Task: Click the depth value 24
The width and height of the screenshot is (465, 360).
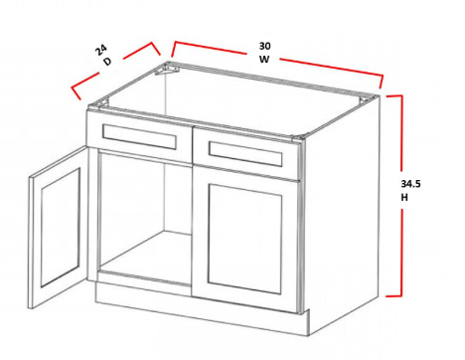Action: pos(101,51)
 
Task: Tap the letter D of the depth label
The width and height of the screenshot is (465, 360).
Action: pos(107,62)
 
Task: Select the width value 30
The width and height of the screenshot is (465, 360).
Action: pos(264,46)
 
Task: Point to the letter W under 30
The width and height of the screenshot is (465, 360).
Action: pos(264,60)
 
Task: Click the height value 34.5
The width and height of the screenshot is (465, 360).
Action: pos(410,184)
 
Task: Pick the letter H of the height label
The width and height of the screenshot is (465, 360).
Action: pos(404,198)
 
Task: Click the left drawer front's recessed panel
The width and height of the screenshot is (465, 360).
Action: pos(139,136)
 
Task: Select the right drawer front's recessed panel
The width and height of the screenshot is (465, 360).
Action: pos(245,154)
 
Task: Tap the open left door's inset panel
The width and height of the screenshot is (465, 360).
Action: pos(61,228)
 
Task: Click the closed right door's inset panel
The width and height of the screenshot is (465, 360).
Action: pos(245,239)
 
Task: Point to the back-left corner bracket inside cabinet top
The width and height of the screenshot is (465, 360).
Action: pos(167,69)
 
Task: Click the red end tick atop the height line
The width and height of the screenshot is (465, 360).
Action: pos(394,96)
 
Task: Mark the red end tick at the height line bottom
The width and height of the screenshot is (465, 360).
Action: pos(394,295)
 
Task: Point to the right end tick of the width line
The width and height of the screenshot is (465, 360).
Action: pos(382,82)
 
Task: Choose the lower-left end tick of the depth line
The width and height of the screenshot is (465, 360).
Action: pos(76,93)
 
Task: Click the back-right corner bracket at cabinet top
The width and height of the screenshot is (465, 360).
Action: pos(367,99)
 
